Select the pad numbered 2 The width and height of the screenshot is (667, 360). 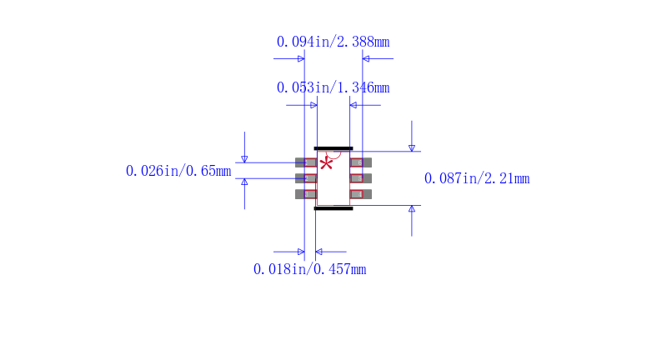point(306,178)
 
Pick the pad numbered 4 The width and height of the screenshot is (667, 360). point(361,194)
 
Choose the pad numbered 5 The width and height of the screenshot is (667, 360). point(361,178)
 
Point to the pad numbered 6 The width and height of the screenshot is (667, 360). point(361,162)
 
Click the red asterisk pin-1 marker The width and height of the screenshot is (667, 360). point(326,163)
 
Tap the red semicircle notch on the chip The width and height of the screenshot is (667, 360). point(333,155)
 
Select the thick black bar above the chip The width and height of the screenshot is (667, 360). point(333,148)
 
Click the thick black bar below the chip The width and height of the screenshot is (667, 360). point(333,208)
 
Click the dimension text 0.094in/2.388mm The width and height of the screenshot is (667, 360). point(333,42)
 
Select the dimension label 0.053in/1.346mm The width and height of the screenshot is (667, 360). point(333,87)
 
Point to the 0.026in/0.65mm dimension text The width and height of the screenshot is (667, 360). point(178,171)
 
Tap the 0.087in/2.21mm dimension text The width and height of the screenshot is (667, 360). point(477,178)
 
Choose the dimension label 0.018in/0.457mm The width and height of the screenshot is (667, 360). point(309,269)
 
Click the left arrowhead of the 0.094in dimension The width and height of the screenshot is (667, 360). point(301,58)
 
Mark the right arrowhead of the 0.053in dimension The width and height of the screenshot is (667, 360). point(353,105)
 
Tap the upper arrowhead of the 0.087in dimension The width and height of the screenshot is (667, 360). point(412,147)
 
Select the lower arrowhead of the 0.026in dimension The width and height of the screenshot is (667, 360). point(244,182)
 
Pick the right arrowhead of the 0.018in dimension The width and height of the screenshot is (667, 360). point(318,252)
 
